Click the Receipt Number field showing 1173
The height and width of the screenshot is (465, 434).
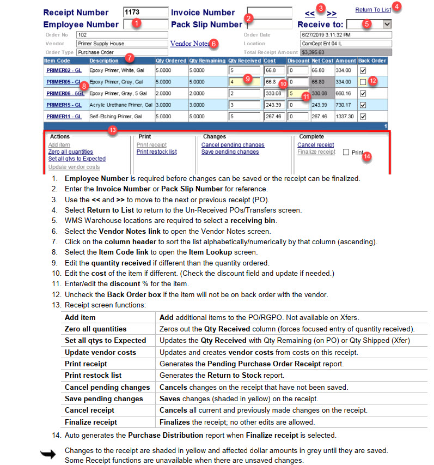145,12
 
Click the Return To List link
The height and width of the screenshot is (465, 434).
372,10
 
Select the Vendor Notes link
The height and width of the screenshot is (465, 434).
190,43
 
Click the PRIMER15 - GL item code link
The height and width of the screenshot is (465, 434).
64,105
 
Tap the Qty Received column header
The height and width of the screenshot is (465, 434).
244,61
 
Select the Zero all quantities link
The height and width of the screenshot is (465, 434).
70,152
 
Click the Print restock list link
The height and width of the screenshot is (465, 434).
156,152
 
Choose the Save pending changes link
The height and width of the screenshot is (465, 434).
230,152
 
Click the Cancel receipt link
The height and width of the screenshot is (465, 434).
315,144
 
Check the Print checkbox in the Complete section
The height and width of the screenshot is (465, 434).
346,153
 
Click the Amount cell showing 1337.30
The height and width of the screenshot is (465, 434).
345,116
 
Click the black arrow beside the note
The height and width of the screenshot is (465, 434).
48,454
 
